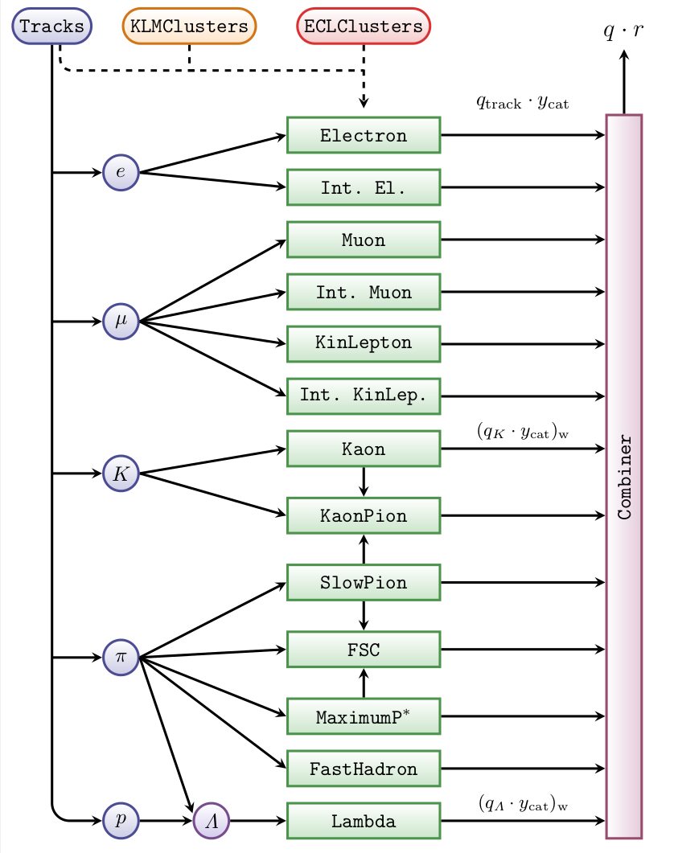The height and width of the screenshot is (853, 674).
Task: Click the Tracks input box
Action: click(51, 27)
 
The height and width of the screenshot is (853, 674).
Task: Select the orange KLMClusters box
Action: click(189, 27)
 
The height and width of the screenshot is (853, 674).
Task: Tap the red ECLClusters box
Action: click(364, 27)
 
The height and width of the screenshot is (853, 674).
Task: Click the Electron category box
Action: click(364, 135)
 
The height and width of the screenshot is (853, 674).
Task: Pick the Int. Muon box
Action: click(364, 292)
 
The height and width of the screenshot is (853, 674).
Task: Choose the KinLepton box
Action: click(364, 343)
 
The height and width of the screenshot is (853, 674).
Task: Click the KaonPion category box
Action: click(364, 515)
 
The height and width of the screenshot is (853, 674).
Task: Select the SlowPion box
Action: click(364, 582)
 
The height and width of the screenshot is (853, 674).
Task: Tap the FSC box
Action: click(364, 650)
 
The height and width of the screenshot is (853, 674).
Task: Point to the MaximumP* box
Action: click(364, 716)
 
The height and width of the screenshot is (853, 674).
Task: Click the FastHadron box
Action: click(364, 769)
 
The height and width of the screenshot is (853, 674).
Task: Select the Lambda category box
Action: click(364, 821)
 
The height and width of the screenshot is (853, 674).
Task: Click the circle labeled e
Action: click(121, 172)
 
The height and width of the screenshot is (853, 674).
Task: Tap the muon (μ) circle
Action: click(121, 322)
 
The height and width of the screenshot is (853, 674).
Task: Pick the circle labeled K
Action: click(121, 474)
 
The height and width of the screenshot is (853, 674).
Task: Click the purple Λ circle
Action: click(211, 821)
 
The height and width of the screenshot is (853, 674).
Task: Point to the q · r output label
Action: click(624, 31)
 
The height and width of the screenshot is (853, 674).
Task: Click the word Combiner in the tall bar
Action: click(624, 478)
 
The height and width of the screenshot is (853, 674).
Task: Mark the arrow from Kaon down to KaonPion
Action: click(364, 482)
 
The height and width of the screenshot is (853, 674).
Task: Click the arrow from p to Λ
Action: click(166, 821)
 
